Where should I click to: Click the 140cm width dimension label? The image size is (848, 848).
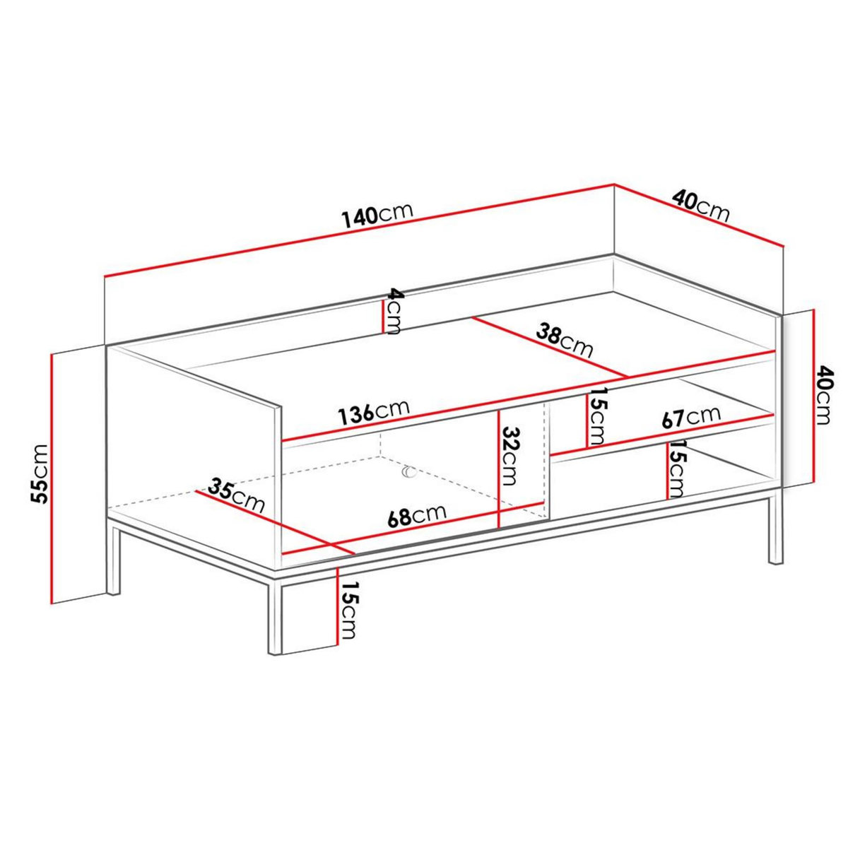pos(377,216)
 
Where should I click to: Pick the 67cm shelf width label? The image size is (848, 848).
pos(690,417)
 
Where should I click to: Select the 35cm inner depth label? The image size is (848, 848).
pos(237,495)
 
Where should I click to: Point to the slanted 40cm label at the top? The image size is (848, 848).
pos(700,205)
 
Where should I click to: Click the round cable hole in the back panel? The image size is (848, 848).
pos(409,471)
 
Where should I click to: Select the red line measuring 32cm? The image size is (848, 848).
pos(499,467)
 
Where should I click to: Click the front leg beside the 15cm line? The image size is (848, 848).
pos(275,615)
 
